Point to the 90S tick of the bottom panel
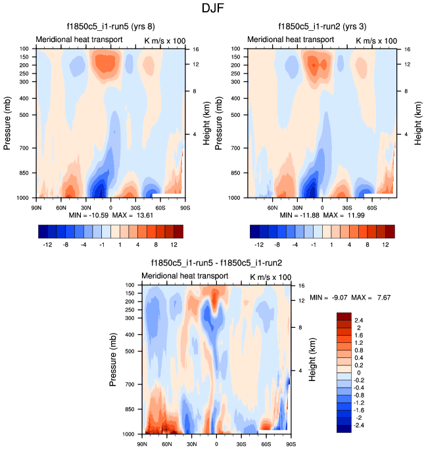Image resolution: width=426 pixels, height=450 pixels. pos(289,444)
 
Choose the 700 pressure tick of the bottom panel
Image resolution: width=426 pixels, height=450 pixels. pos(130,384)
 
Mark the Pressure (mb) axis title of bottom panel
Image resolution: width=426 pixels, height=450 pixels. pos(113,359)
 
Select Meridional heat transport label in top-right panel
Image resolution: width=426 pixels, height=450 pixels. pos(291,40)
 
